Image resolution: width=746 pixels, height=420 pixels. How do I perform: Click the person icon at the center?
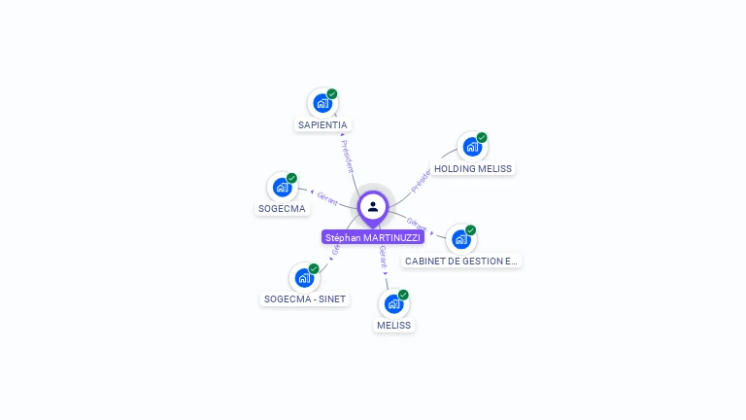tap(373, 206)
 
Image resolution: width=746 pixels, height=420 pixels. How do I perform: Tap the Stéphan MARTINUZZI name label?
tap(373, 237)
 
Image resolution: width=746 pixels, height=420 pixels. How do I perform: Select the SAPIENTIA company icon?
tap(322, 103)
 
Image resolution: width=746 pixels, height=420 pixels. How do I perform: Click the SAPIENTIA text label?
tap(322, 125)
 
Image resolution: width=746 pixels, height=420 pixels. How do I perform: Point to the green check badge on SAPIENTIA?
tap(332, 94)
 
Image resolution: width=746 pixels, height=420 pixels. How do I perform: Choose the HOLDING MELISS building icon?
tap(471, 147)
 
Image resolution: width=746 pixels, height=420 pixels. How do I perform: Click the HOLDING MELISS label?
tap(473, 168)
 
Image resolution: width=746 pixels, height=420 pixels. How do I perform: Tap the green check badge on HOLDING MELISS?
tap(482, 138)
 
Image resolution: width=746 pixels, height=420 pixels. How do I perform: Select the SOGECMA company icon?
tap(282, 187)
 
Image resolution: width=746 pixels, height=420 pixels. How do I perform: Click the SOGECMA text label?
tap(282, 208)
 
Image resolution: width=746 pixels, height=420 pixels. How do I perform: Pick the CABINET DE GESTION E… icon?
tap(460, 239)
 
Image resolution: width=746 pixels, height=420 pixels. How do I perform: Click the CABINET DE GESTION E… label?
tap(461, 262)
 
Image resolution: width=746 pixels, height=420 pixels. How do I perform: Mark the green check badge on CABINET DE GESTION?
tap(471, 230)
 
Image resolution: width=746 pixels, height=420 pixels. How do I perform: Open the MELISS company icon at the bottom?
tap(393, 303)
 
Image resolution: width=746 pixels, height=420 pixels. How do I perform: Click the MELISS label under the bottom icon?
tap(394, 326)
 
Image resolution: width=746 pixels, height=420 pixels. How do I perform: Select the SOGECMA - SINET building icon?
tap(304, 277)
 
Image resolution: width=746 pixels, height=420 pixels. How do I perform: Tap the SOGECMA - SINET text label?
tap(305, 298)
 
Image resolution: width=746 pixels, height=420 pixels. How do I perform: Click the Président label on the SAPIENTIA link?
tap(349, 156)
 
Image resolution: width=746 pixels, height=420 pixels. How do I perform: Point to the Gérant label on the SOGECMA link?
tap(327, 198)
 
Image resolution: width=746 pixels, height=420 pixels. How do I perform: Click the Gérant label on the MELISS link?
tap(383, 257)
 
